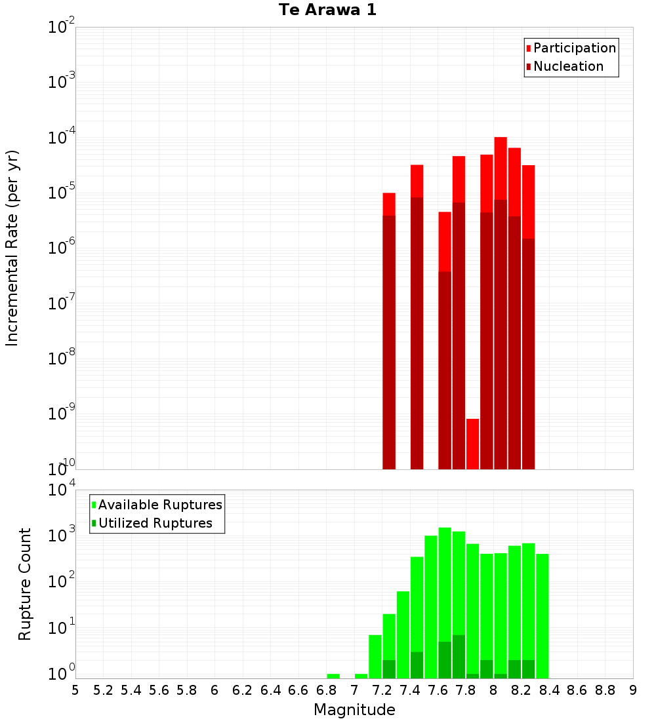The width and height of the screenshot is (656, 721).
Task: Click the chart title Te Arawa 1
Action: pos(327,10)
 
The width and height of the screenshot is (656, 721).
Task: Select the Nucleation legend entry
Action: pos(568,66)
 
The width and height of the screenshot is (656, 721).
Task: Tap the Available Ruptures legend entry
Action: pos(160,505)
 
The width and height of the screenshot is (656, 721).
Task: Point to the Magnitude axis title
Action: pos(354,710)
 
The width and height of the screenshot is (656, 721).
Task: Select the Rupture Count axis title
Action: pos(25,584)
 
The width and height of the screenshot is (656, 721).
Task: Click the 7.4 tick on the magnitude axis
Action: pos(410,690)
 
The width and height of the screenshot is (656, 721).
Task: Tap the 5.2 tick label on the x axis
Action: pos(103,690)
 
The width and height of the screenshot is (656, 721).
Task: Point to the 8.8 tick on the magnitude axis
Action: pos(605,690)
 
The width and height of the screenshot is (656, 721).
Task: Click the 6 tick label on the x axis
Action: pos(215,690)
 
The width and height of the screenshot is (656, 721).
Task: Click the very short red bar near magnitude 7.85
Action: pos(472,444)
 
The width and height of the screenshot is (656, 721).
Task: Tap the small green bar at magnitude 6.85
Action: pos(333,676)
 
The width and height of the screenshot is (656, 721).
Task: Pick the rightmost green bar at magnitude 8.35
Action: pos(542,616)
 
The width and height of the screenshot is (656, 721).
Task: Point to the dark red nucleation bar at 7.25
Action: pos(389,341)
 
